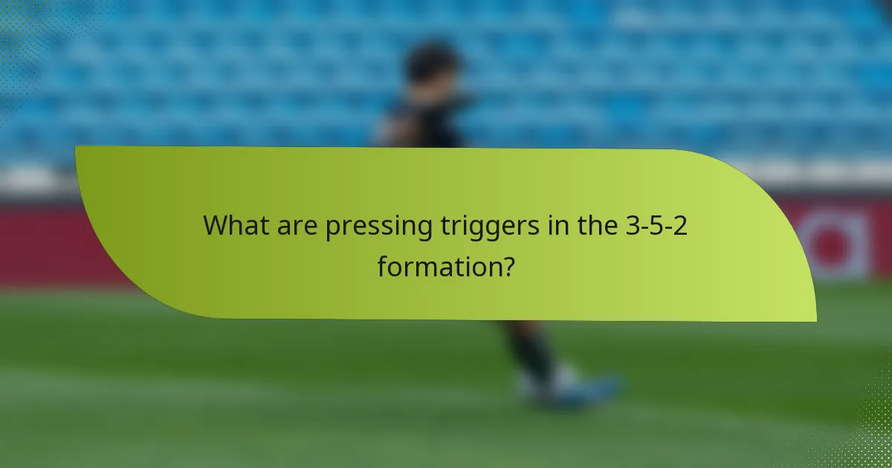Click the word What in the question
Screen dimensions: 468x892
coord(236,227)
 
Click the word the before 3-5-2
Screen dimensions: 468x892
coord(595,225)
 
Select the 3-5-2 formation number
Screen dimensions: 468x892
coord(657,225)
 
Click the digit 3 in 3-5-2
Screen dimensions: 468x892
coord(633,225)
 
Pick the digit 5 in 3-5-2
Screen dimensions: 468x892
coord(657,225)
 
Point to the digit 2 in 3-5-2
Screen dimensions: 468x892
coord(680,225)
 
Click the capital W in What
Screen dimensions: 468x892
coord(217,227)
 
